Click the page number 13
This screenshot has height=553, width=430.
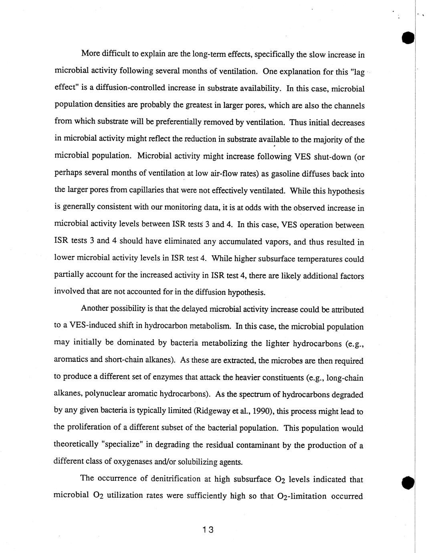click(208, 529)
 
